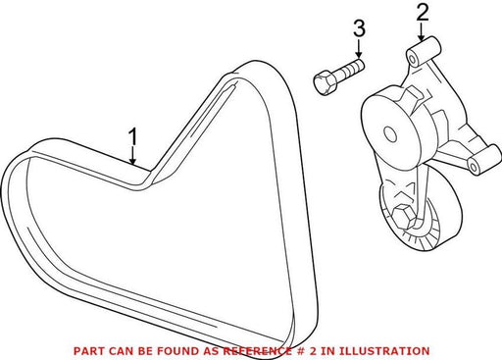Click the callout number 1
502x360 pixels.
(132, 136)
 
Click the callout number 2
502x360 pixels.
(422, 14)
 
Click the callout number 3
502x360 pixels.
(359, 28)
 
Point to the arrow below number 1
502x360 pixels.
(132, 155)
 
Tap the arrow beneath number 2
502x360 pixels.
(422, 32)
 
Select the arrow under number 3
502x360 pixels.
(359, 48)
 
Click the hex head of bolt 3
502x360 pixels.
(324, 83)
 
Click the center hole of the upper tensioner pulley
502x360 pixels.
(391, 134)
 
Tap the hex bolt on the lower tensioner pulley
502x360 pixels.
(403, 216)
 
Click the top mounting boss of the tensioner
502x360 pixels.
(424, 52)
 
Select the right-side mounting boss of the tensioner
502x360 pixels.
(484, 161)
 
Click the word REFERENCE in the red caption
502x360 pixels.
(257, 351)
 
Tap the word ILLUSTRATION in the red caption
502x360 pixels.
(384, 351)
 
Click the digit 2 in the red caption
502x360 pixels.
(313, 351)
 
